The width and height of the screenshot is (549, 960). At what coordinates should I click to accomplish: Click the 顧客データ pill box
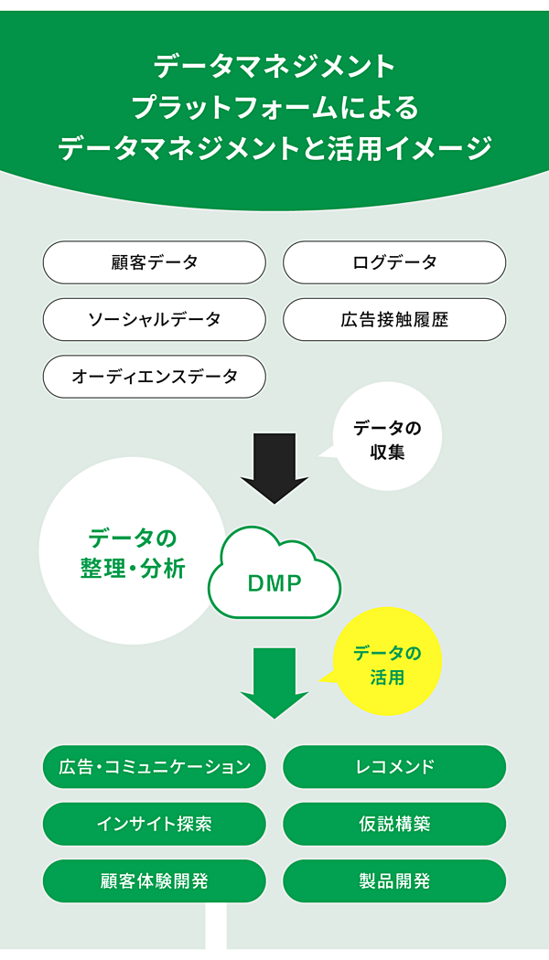[154, 262]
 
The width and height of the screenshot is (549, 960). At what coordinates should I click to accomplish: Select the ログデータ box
[394, 262]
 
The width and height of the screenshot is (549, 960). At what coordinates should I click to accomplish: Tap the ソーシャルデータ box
[154, 319]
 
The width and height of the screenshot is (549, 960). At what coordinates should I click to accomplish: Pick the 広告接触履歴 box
[394, 319]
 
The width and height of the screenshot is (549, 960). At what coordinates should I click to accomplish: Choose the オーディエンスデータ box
[154, 376]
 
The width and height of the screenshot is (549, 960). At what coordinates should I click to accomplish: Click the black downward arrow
[274, 466]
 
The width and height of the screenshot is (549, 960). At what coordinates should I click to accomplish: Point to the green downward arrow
[274, 681]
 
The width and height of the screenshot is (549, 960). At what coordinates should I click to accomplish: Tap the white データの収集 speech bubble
[388, 438]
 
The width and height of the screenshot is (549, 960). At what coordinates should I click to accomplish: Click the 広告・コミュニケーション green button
[154, 766]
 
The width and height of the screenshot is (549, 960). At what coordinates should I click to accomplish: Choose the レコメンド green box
[394, 766]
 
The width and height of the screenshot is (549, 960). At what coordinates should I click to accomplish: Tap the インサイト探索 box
[154, 823]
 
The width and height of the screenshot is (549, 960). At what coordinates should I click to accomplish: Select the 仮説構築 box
[394, 823]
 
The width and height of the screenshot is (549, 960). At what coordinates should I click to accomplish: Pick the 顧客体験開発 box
[154, 880]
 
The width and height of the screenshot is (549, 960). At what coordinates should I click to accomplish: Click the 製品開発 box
[394, 880]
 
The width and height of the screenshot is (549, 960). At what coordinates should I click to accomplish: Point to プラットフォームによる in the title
[274, 107]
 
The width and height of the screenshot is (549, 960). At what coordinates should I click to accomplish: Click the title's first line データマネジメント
[274, 66]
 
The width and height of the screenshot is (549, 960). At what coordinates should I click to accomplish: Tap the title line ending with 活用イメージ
[274, 148]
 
